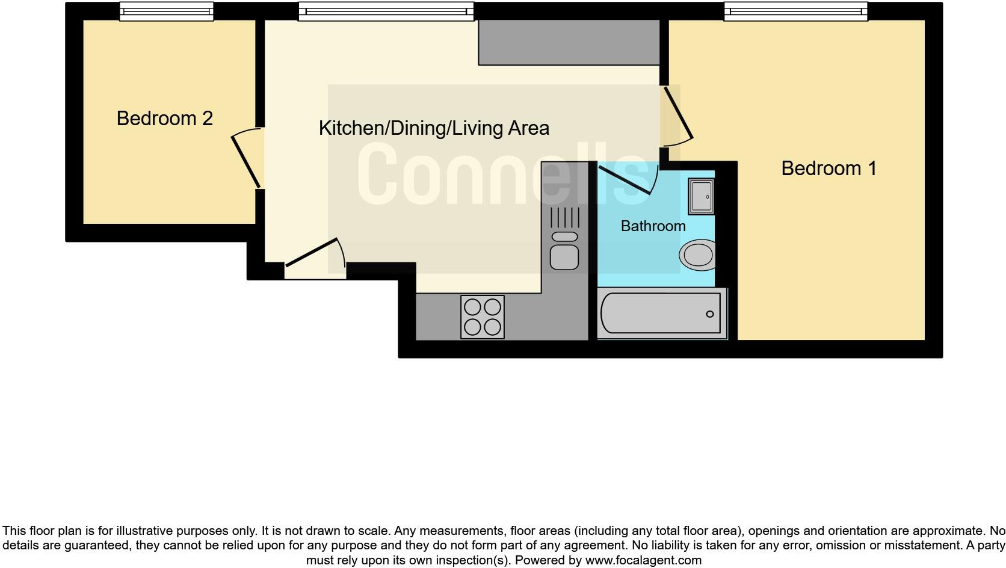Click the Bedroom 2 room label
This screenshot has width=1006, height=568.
point(164,119)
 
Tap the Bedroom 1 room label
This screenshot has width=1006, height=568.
point(829,168)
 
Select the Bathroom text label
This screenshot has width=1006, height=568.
point(653,226)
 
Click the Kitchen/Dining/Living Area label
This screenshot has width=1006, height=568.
point(433,128)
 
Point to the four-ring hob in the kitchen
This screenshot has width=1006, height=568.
point(482,316)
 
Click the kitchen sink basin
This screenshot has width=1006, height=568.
point(564,257)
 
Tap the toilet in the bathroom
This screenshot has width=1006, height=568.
point(698,255)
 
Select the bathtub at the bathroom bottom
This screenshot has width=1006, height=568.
point(661,313)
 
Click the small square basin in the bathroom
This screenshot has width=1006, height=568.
point(701,196)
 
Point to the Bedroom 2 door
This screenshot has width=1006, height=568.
point(246,161)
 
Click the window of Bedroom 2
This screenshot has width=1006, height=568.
point(166,11)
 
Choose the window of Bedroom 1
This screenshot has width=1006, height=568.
point(795,11)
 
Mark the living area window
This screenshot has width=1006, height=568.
point(386,11)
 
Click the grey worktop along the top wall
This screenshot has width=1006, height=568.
point(569,42)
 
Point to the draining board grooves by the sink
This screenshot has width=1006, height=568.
point(564,217)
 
